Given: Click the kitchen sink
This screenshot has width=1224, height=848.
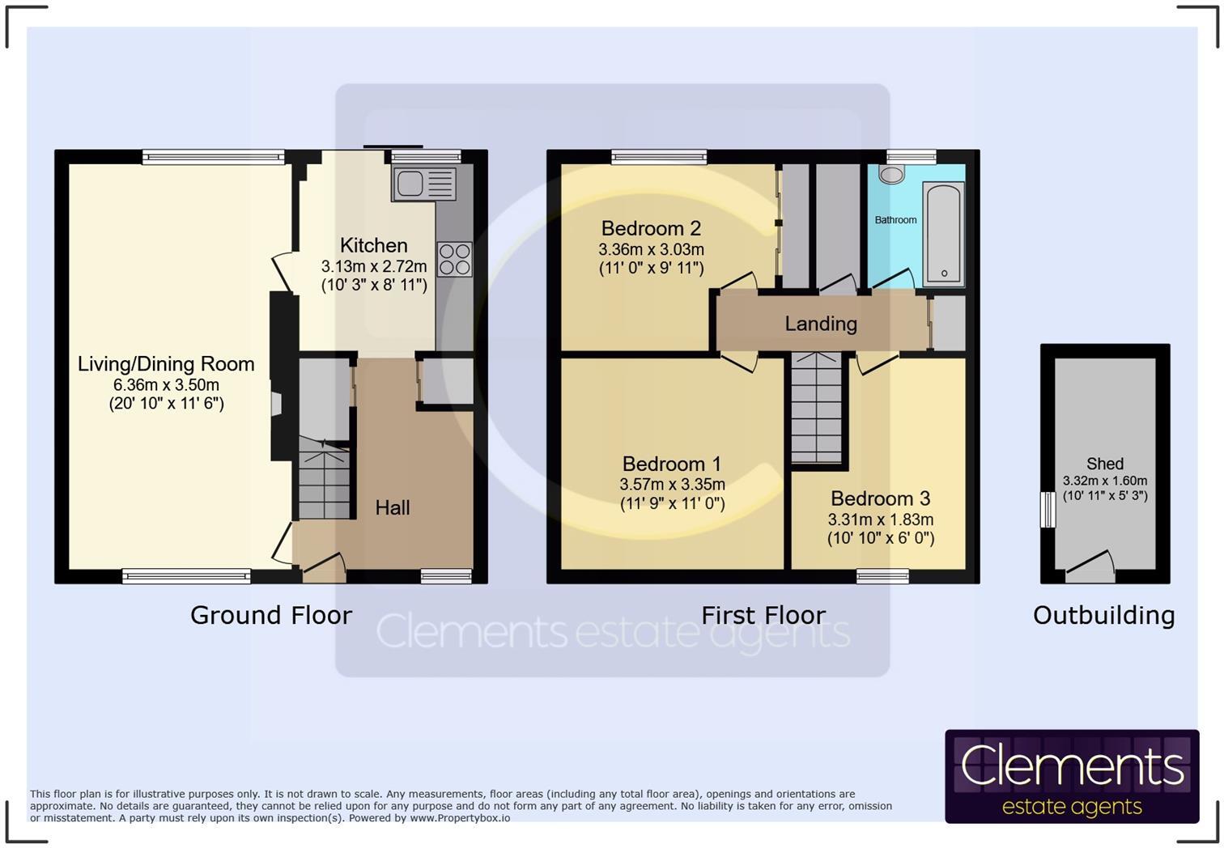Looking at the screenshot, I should tap(423, 184).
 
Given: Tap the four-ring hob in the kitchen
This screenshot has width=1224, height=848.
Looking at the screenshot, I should tap(454, 260).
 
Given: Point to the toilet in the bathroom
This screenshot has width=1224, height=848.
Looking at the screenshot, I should tap(891, 174).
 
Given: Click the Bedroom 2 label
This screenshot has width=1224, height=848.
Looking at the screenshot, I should tap(651, 228).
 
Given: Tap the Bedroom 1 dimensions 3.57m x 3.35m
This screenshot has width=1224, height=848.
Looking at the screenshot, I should tap(672, 485).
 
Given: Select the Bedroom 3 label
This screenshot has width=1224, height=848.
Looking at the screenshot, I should tap(880, 498).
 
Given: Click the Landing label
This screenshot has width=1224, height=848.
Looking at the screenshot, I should tap(821, 324).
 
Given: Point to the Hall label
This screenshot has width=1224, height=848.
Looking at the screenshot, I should tap(393, 507).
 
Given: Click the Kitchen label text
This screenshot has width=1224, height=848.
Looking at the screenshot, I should tap(373, 245).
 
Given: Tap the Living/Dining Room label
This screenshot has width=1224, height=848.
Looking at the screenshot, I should tap(166, 364).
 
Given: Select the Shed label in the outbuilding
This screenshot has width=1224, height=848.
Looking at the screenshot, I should tap(1104, 464).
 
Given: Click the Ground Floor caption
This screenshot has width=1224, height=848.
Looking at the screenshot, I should tap(271, 615).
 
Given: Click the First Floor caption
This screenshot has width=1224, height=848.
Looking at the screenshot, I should tap(763, 615).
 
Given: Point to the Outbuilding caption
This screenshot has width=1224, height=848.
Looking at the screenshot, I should tap(1103, 615).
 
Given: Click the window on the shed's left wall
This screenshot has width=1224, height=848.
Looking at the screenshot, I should tap(1048, 510).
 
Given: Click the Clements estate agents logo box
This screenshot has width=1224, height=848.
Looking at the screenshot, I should tap(1071, 777).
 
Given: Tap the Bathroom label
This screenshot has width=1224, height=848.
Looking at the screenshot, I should tap(895, 220).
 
